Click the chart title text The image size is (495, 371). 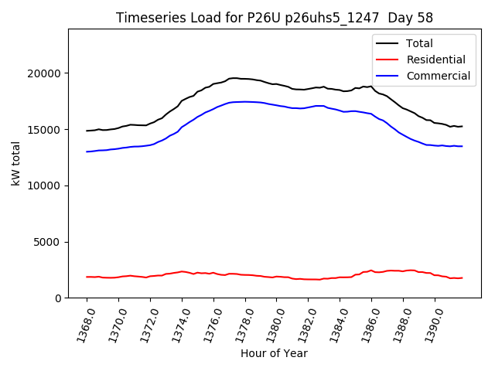pos(275,18)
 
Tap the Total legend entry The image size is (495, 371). pos(419,43)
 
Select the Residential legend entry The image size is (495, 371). pos(435,60)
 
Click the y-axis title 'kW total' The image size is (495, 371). pos(15,164)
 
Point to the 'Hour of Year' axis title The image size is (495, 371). pos(274,353)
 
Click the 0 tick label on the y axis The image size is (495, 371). pos(58,298)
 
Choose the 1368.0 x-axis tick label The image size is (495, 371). pos(82,323)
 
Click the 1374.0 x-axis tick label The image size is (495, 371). pos(177,323)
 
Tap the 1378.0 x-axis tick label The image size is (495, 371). pos(241,323)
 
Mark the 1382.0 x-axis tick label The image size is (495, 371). pos(304,323)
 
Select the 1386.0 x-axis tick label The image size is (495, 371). pos(367,323)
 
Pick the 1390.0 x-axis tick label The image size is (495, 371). pos(430,323)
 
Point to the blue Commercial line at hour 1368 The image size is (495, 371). pos(87,151)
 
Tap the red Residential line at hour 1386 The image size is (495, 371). pos(371,271)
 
